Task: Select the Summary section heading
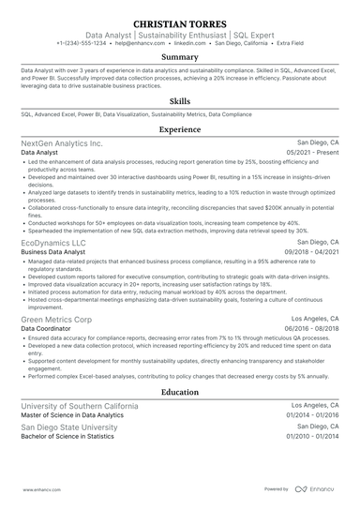pos(180,57)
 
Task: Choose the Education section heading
pos(180,392)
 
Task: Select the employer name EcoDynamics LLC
pos(52,242)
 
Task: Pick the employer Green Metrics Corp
pos(56,320)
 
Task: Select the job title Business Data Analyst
pos(48,252)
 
